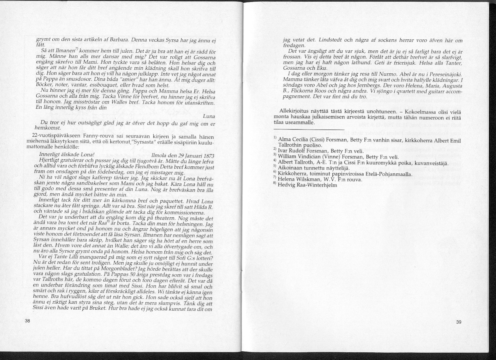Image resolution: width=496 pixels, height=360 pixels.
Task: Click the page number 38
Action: pos(27,321)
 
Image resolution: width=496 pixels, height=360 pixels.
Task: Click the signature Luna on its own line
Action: pos(209,116)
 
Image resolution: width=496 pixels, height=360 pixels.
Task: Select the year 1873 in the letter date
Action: pos(207,156)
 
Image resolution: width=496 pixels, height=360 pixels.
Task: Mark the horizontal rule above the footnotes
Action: pos(309,129)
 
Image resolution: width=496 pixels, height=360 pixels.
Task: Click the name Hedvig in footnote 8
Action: pos(286,185)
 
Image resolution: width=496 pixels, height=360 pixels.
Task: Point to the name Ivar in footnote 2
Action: pos(284,150)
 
